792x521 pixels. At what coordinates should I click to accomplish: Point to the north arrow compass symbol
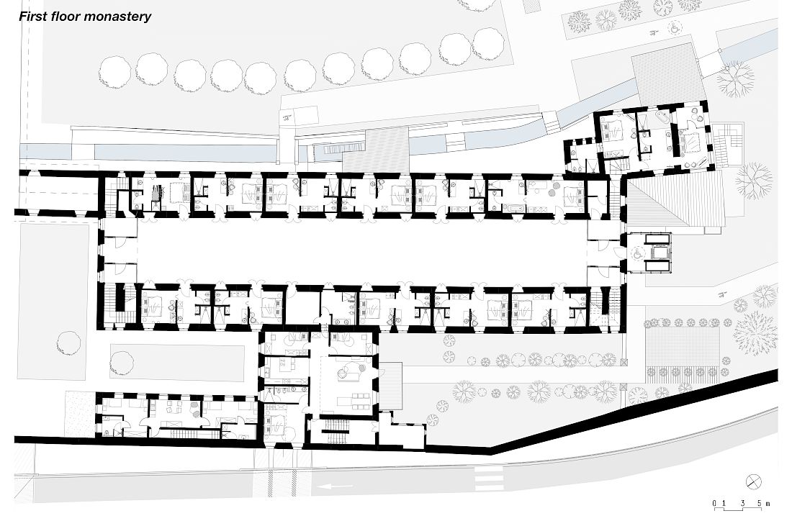(x=754, y=481)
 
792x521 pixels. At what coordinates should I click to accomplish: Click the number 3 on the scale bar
(x=742, y=503)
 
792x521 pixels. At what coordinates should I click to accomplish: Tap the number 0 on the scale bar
(x=715, y=503)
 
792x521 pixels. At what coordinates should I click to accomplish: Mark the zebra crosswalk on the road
(x=490, y=478)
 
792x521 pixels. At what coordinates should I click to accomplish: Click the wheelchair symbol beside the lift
(x=638, y=254)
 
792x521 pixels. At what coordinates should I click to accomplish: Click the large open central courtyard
(x=361, y=251)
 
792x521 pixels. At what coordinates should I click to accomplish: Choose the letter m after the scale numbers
(x=768, y=504)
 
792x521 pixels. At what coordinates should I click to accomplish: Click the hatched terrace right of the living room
(x=391, y=386)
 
